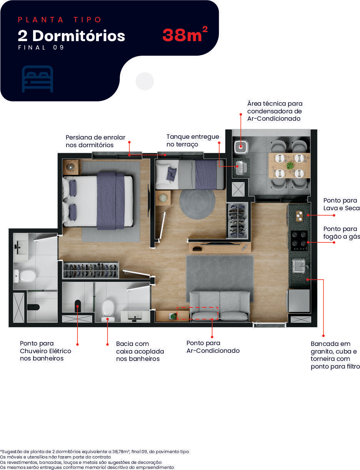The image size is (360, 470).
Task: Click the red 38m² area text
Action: point(185,34)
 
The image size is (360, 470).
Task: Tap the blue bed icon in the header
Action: point(38,79)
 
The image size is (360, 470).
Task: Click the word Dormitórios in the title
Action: point(78,36)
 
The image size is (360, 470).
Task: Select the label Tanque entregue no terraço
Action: point(193,141)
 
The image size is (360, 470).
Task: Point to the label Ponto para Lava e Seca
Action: point(342,204)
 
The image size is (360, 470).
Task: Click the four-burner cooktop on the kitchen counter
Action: point(299,240)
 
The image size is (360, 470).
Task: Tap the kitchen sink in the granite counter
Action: point(299,266)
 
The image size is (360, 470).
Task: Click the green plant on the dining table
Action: point(290,166)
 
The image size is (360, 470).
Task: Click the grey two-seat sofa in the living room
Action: point(220,306)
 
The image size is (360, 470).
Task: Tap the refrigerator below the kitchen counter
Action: point(298,301)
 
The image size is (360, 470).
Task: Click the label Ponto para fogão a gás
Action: point(342,233)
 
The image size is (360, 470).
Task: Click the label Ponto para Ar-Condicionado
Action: point(213,347)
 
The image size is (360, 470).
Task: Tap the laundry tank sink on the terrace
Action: point(241,167)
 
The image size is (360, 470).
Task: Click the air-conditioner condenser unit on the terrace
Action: point(241,147)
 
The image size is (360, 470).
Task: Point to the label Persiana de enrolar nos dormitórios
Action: point(95,141)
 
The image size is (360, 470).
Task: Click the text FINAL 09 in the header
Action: point(41,47)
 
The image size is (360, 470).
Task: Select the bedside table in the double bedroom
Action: point(71,167)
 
